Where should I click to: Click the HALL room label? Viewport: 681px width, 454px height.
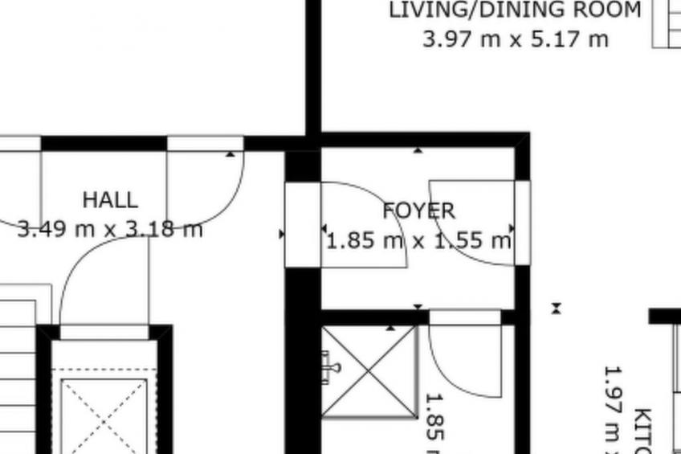point(110,199)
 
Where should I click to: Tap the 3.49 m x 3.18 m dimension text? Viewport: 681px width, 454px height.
point(110,230)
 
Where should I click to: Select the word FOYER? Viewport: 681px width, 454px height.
point(418,211)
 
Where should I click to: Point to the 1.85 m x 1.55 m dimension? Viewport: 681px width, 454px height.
point(418,240)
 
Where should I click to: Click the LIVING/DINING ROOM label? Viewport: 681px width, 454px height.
point(515,10)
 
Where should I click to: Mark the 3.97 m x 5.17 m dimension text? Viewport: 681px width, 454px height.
point(515,39)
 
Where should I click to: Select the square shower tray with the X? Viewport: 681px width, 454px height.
point(369,371)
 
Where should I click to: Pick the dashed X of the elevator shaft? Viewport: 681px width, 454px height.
point(104,414)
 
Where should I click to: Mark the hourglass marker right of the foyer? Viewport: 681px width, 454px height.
point(556,308)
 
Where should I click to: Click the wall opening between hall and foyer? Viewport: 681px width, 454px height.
point(303,225)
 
